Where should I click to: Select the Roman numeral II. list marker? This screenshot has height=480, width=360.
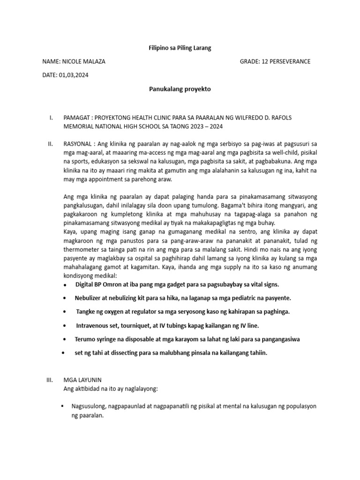pos(51,144)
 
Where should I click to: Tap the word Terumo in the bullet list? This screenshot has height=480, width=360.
pos(85,339)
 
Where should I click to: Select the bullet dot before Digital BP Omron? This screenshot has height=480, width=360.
pos(64,285)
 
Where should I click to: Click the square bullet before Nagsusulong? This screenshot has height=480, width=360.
pos(63,406)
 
